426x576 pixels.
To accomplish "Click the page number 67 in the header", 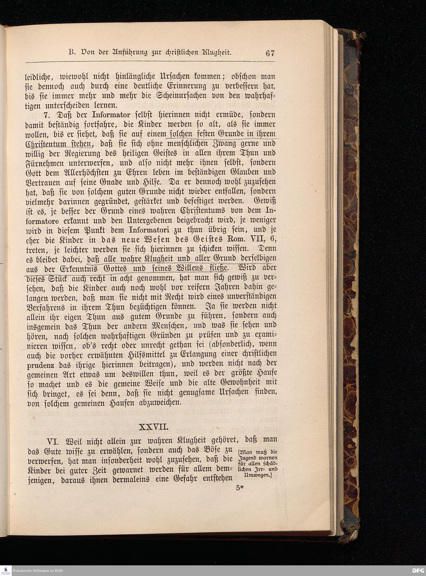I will pos(270,53).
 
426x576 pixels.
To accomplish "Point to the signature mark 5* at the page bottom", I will pos(240,488).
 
